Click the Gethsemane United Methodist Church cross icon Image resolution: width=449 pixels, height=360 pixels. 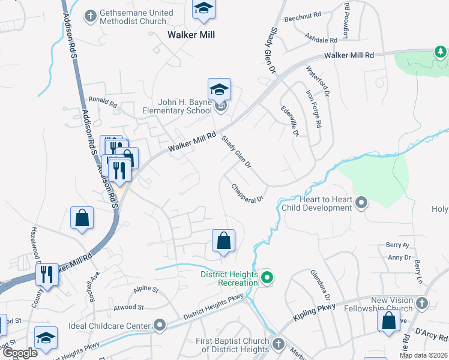click(91, 15)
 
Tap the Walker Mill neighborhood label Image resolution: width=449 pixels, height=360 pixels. click(190, 35)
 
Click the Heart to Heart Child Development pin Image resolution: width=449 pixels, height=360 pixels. click(361, 202)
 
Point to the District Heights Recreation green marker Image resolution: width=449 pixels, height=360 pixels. click(268, 278)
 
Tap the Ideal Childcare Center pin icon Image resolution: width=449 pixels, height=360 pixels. click(160, 326)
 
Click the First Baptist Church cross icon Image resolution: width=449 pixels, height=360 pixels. click(277, 344)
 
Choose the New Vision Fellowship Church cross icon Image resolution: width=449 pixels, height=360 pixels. click(423, 304)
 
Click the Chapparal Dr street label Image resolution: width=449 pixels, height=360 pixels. click(248, 193)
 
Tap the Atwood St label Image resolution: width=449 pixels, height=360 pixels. click(128, 307)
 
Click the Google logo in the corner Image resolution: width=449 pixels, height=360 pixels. click(20, 352)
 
